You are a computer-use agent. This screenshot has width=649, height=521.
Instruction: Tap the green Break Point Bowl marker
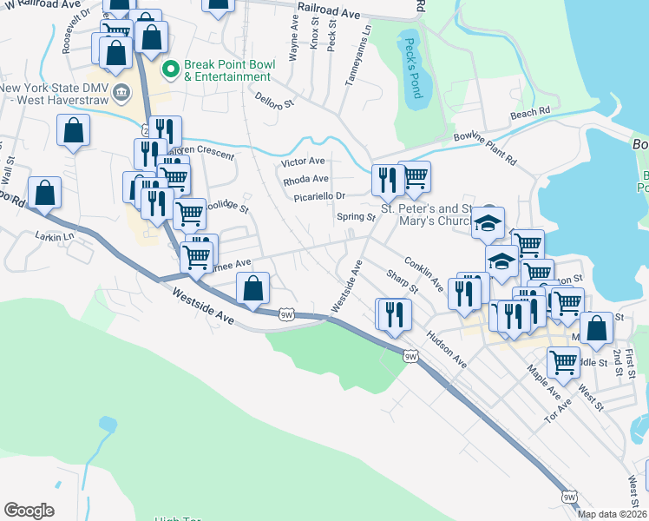pos(170,67)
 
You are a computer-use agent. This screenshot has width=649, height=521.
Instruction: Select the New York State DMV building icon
pos(121,91)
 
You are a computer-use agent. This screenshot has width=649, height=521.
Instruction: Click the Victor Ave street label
pos(303,162)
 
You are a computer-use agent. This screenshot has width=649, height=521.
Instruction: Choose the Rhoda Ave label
pos(305,180)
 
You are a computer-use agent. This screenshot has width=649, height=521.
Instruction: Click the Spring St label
pos(355,217)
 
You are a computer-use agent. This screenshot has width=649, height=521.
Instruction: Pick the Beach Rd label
pos(530,113)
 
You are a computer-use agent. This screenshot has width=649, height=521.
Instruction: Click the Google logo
pos(29,511)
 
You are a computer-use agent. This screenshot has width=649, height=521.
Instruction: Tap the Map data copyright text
pos(612,514)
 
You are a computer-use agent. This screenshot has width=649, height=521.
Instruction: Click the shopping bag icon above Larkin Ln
pos(44,194)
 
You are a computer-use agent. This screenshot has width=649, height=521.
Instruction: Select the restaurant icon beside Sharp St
pos(394,315)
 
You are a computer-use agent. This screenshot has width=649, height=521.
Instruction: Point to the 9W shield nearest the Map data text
pos(568,497)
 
